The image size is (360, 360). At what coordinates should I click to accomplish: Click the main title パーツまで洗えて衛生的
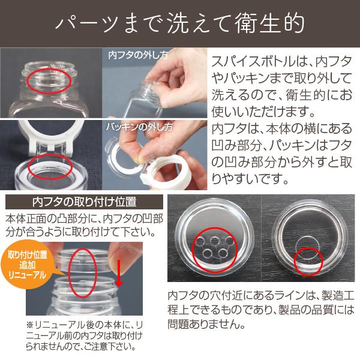[180, 23]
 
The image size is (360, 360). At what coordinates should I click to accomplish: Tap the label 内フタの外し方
[139, 55]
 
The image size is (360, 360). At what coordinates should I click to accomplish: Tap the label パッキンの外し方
[139, 127]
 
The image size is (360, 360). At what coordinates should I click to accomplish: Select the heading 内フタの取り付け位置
[84, 202]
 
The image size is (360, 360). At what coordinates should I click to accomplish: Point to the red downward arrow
[119, 273]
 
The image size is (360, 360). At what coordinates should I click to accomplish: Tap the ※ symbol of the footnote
[30, 325]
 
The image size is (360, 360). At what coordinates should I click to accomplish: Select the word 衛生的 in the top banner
[270, 23]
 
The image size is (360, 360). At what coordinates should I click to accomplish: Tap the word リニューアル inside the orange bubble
[27, 275]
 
